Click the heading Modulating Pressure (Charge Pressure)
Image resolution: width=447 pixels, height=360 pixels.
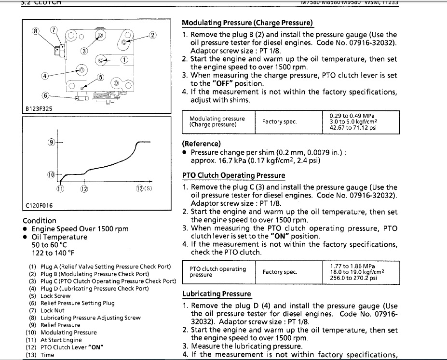point(247,23)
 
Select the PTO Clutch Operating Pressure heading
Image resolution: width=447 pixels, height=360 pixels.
point(233,175)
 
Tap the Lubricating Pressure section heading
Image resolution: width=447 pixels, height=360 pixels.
point(217,294)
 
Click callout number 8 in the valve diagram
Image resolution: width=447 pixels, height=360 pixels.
point(35,31)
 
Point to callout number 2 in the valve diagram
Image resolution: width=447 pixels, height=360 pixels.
point(153,35)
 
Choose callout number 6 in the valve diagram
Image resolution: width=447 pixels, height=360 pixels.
point(46,95)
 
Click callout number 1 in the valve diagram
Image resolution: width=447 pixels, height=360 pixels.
point(124,60)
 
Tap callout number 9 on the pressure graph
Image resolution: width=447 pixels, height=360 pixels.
point(51,142)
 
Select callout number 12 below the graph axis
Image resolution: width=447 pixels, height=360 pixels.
point(84,188)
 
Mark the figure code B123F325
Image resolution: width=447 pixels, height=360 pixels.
point(39,109)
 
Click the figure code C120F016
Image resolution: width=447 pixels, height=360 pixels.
point(39,205)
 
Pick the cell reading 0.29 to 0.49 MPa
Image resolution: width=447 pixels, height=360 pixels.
point(352,116)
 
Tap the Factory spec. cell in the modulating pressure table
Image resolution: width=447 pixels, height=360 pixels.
point(279,121)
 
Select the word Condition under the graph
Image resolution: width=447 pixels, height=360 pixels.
point(40,220)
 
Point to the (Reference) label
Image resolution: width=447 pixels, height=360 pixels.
point(201,144)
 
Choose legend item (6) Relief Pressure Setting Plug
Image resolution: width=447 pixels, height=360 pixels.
point(71,303)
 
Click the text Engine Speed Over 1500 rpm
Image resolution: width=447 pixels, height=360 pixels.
point(80,229)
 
